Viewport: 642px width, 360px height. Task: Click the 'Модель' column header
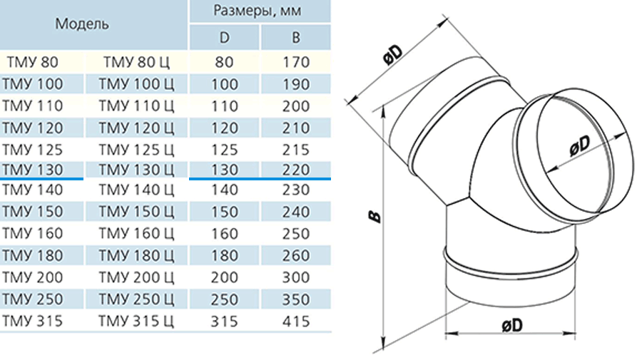82,24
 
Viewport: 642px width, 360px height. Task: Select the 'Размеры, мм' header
258,10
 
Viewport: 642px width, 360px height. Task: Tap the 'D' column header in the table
225,38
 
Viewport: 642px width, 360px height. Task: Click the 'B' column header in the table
296,38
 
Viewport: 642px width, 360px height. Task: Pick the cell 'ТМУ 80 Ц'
136,62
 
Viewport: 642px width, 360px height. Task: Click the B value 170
296,62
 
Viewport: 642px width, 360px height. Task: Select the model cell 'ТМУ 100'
32,84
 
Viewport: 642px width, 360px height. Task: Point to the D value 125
225,150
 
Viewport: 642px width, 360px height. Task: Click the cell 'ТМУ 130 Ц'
136,170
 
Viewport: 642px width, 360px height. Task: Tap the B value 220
296,170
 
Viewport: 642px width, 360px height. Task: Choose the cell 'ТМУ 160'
32,233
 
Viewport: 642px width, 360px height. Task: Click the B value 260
296,255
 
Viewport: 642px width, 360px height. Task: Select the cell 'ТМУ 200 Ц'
136,277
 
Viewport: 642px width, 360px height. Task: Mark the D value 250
225,299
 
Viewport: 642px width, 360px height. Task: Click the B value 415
296,321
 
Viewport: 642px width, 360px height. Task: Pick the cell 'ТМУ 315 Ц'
136,321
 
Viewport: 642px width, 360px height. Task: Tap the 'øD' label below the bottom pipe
512,325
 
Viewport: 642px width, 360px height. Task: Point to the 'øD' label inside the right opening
580,145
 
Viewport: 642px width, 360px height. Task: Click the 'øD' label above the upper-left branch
393,54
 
